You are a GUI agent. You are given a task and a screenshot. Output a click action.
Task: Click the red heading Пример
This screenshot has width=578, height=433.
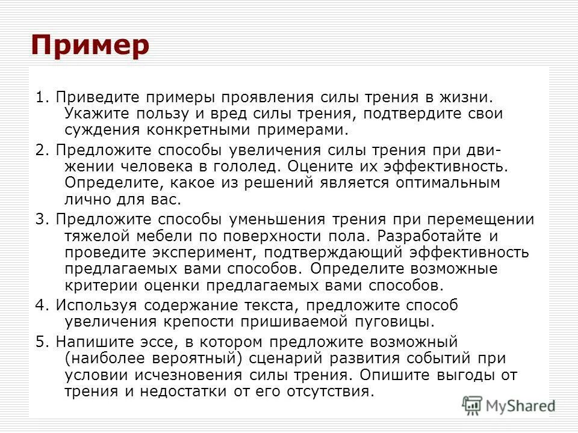coord(90,46)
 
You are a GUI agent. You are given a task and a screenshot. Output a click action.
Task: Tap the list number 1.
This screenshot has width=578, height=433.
coord(40,98)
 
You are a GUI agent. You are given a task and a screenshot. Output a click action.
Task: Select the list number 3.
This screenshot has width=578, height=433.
coord(40,220)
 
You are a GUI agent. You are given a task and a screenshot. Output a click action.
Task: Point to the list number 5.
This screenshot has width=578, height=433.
coord(40,342)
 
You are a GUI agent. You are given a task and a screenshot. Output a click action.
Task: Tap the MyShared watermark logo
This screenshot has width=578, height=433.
coord(509,405)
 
